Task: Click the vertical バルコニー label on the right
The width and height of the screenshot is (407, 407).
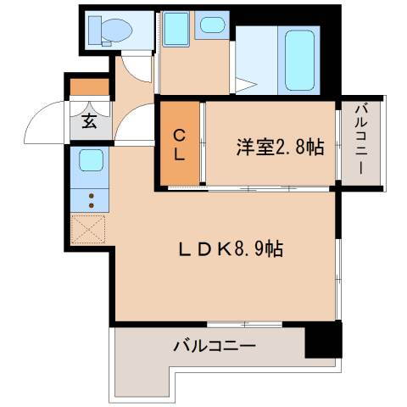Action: coord(360,141)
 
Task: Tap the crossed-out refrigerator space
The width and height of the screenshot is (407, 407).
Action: coord(88,230)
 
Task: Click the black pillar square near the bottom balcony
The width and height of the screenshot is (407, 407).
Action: coord(323,340)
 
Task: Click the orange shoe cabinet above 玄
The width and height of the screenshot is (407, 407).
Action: coord(89,86)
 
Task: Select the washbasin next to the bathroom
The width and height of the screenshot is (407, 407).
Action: coord(209,25)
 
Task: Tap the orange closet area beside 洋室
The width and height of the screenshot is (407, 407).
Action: coord(180,144)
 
